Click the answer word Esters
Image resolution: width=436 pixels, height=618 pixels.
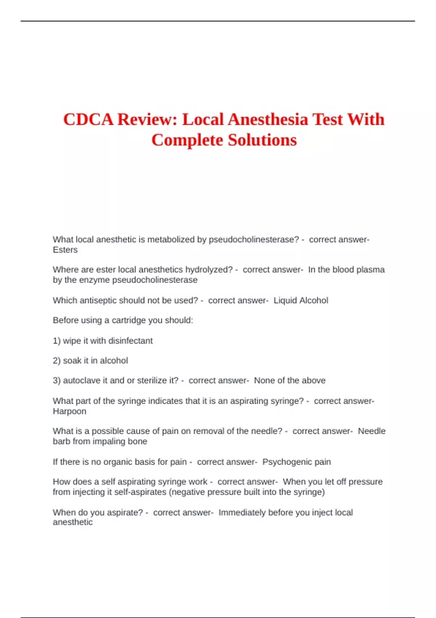[x=65, y=250]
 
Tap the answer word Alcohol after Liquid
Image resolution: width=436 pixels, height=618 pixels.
[x=314, y=301]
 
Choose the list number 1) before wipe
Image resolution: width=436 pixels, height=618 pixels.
[x=57, y=341]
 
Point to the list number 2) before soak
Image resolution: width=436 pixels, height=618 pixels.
[x=57, y=361]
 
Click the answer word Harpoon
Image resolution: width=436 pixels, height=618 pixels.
[x=69, y=411]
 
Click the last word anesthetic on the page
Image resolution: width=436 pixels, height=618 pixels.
[x=73, y=522]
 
